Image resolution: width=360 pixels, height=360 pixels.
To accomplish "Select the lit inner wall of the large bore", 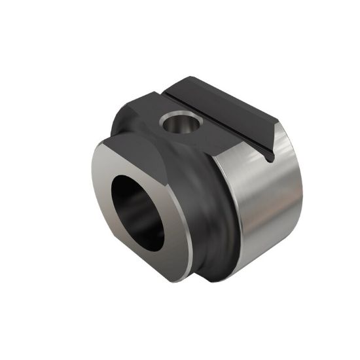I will (x=154, y=216).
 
